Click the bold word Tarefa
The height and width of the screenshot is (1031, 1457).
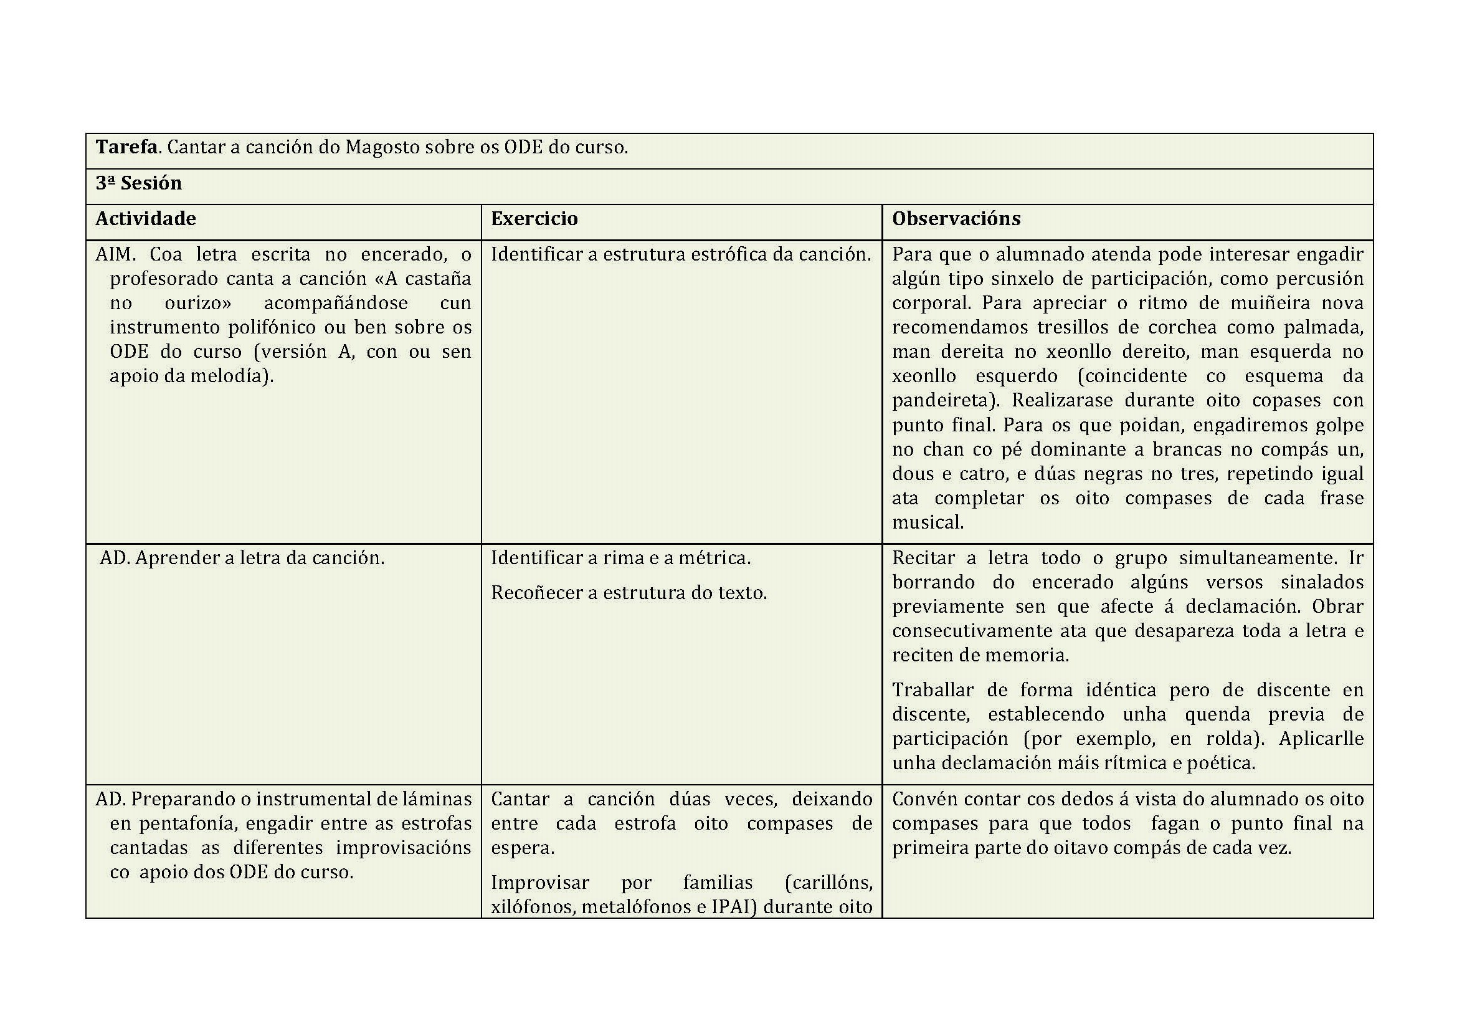tap(126, 147)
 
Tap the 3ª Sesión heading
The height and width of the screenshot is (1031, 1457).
tap(138, 183)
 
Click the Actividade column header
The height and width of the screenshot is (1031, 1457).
tap(145, 218)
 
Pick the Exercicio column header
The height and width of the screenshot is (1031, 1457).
tap(534, 218)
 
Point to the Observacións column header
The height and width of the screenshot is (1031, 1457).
tap(956, 218)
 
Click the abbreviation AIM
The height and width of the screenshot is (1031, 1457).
tap(115, 254)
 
